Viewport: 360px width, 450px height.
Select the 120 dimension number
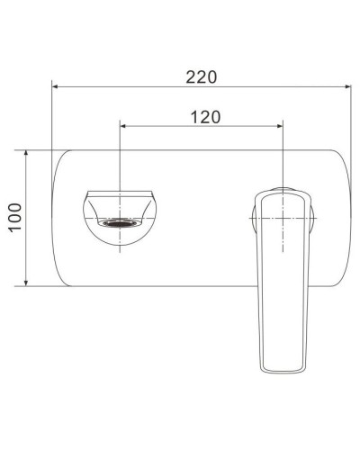(206, 116)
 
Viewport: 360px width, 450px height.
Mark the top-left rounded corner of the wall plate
(63, 160)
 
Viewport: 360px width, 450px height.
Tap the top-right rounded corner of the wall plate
(339, 160)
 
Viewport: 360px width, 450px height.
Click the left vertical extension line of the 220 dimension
(53, 117)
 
